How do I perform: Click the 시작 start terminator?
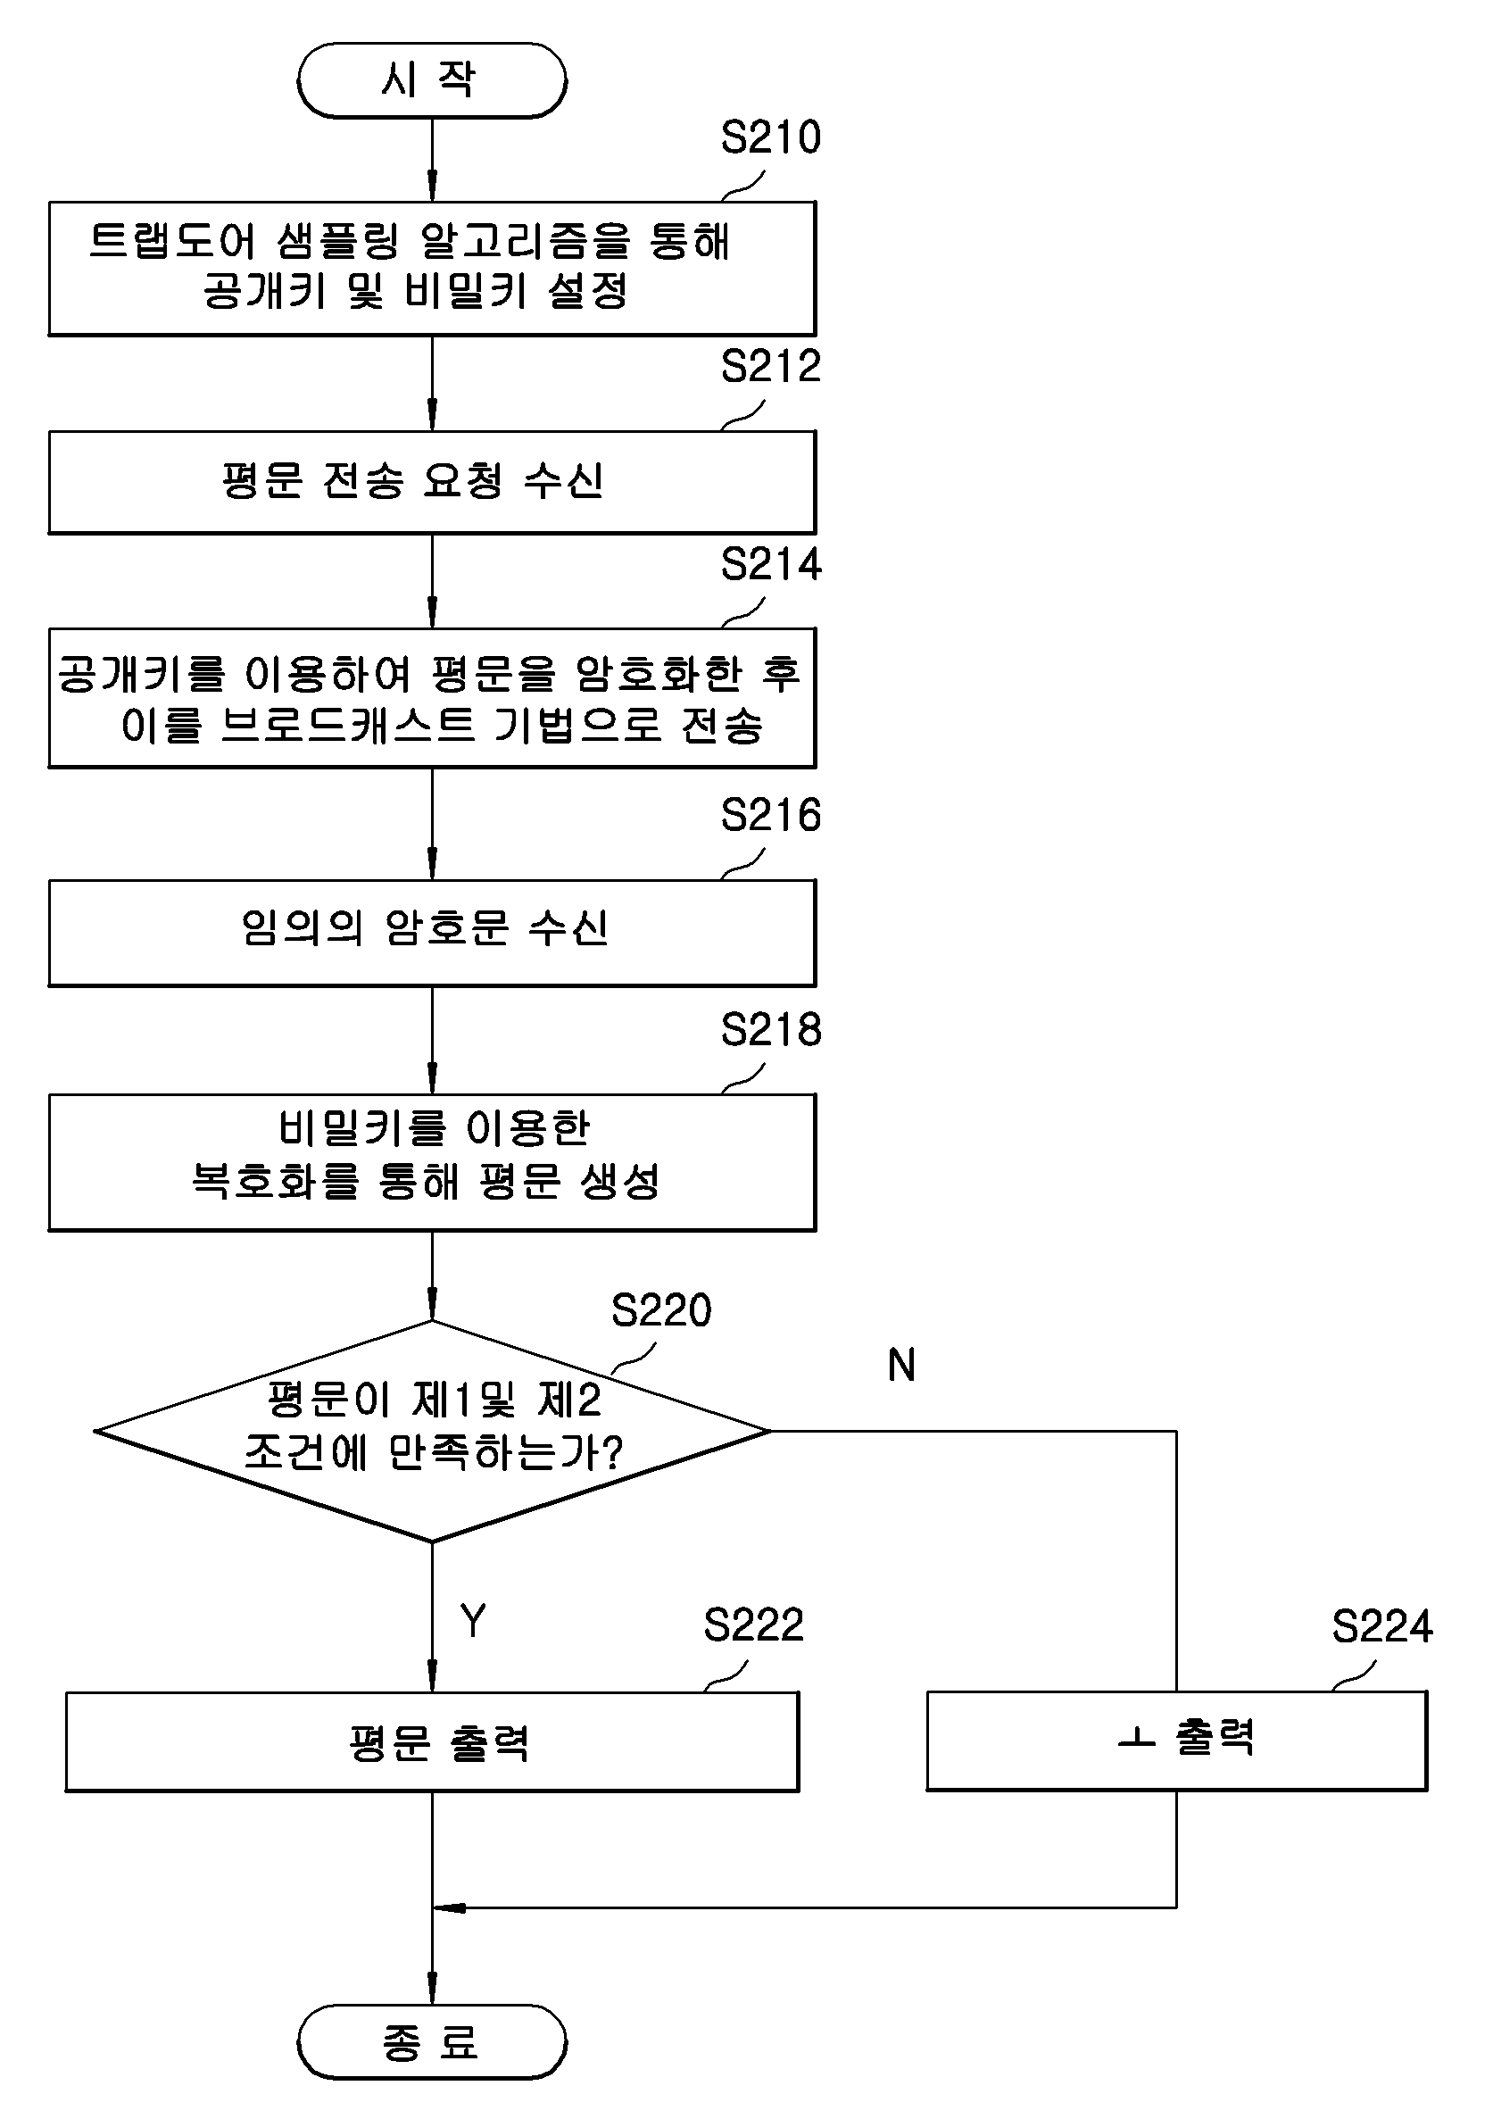[x=432, y=80]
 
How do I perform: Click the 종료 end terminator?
[x=432, y=2041]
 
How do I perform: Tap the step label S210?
[x=770, y=137]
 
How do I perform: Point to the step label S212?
[x=770, y=366]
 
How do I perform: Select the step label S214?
[x=770, y=564]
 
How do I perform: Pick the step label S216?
[x=770, y=815]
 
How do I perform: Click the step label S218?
[x=770, y=1029]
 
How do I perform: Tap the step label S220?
[x=661, y=1309]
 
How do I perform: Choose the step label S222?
[x=754, y=1625]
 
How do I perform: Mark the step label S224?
[x=1382, y=1625]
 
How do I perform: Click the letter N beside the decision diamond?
[x=901, y=1365]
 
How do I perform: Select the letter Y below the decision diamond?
[x=473, y=1621]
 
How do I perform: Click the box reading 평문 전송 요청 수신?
[x=432, y=482]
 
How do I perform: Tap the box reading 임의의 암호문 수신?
[x=432, y=933]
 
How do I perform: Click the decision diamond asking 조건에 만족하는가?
[x=432, y=1432]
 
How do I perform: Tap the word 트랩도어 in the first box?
[x=172, y=241]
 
